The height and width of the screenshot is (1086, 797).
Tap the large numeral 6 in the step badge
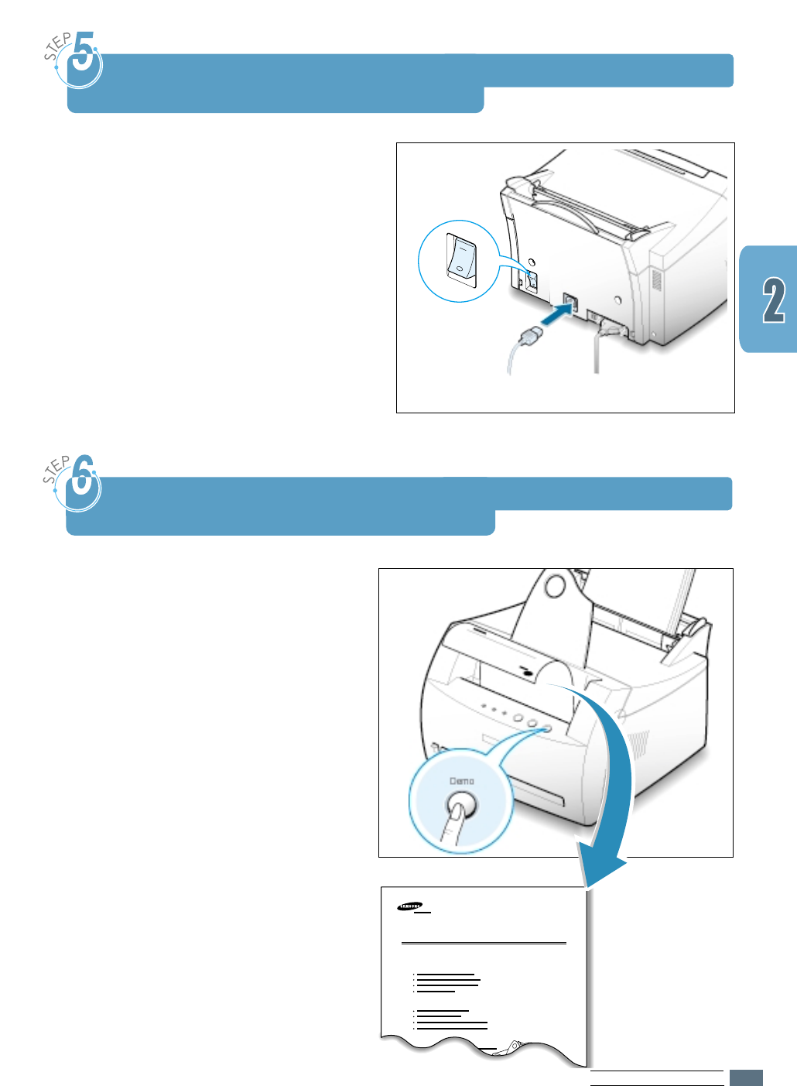(83, 481)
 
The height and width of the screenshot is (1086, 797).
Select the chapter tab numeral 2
(774, 300)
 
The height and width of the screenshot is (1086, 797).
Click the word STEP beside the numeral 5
(57, 46)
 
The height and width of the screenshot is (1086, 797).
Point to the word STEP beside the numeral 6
(56, 470)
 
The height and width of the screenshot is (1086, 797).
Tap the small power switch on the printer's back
(532, 280)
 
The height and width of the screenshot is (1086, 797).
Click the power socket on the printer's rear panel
(570, 303)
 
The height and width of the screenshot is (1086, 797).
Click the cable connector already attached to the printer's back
(609, 328)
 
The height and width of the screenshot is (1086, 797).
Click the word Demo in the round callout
(462, 781)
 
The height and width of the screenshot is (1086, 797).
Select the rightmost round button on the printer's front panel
(547, 728)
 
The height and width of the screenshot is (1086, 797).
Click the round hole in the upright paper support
(554, 585)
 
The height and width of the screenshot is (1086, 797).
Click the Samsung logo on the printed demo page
(410, 906)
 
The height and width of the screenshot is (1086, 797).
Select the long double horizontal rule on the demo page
(484, 944)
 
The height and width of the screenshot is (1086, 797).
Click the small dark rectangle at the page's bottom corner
(746, 1077)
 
